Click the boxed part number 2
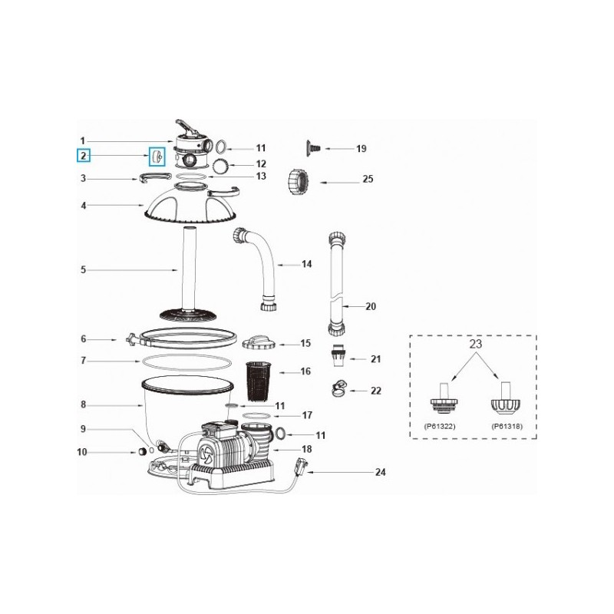coord(82,156)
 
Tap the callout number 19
coord(361,148)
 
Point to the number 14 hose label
coord(306,265)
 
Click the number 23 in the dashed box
coord(474,345)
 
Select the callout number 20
coord(371,306)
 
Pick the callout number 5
coord(82,269)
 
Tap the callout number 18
coord(307,449)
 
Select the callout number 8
coord(82,404)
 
